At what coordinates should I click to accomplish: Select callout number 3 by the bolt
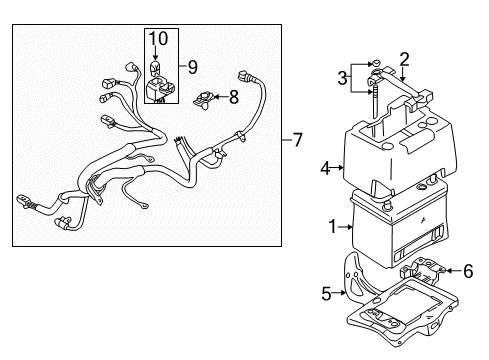point(343,78)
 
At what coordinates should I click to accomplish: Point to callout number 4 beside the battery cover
point(325,169)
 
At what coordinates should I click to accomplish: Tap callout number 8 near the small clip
point(234,97)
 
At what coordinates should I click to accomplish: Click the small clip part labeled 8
point(203,98)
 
